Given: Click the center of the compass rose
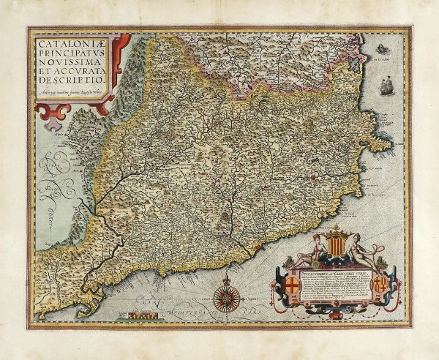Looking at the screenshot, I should (x=225, y=298).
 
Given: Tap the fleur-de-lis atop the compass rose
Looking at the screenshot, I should (x=225, y=279).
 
